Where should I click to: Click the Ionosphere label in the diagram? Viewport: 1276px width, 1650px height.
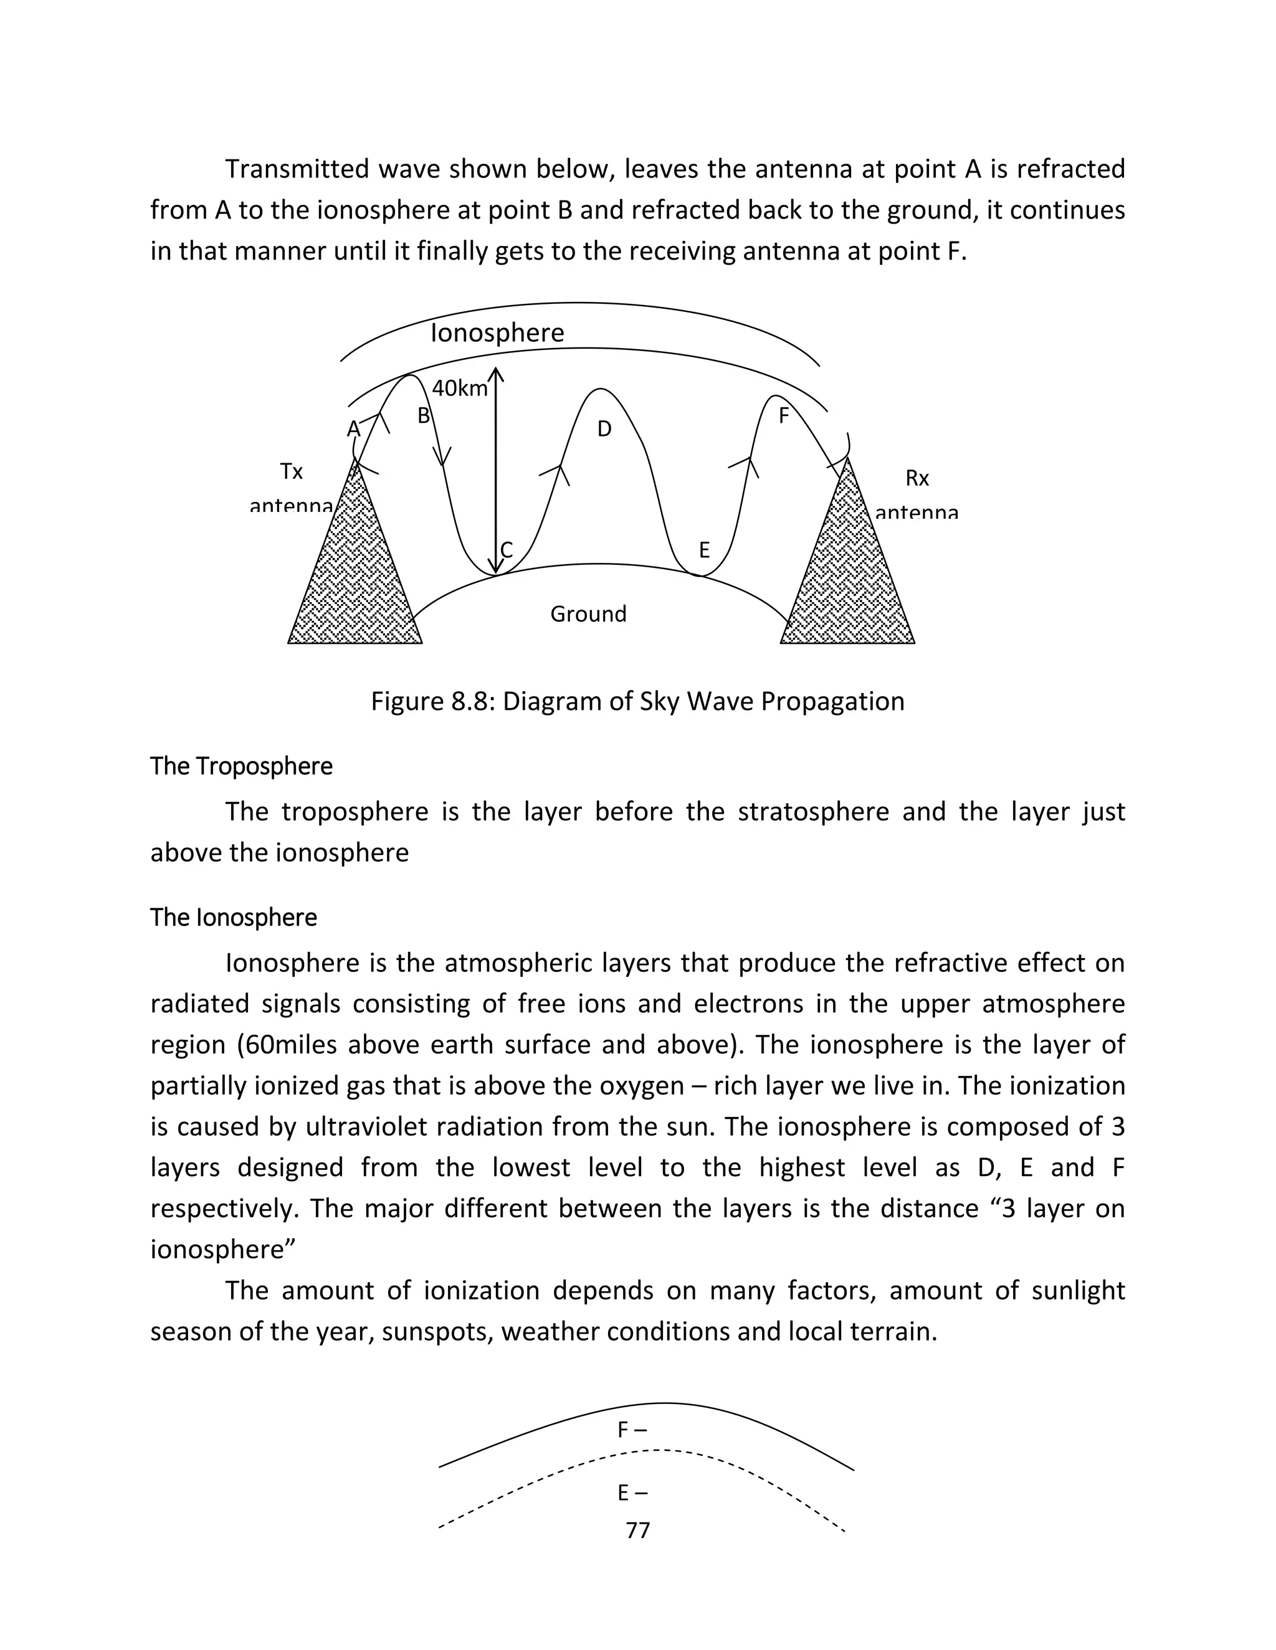click(x=497, y=332)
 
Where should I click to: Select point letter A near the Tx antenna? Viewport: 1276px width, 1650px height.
click(x=353, y=429)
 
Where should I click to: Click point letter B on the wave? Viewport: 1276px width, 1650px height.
click(x=423, y=415)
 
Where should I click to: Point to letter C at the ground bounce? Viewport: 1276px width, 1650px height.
click(x=507, y=550)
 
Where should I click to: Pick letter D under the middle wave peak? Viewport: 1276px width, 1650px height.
click(x=604, y=429)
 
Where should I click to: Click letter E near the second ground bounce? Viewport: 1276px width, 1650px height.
click(x=704, y=550)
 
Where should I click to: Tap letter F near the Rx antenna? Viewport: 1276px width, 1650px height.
click(x=784, y=415)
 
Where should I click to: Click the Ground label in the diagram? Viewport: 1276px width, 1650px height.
click(x=588, y=613)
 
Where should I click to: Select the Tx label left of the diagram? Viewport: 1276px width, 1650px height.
click(x=291, y=471)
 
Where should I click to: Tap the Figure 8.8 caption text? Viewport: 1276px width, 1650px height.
click(x=637, y=701)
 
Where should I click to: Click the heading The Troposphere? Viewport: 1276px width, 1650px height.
click(x=241, y=766)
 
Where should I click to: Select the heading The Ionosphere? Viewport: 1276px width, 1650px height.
click(x=234, y=917)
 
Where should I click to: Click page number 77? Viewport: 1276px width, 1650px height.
click(x=638, y=1530)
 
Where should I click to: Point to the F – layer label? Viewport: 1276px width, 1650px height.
click(x=632, y=1430)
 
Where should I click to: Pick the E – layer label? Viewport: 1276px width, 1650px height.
click(x=632, y=1493)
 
